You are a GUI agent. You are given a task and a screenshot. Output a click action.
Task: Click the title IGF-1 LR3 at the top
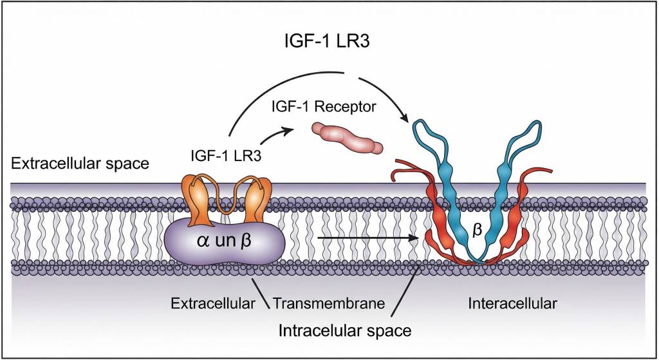click(329, 42)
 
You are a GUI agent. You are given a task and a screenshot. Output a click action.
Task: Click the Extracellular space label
click(80, 163)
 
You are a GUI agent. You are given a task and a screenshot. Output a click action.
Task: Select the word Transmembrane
click(329, 303)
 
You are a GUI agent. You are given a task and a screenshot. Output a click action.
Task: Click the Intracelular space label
click(344, 330)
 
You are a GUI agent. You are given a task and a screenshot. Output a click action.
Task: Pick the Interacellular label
click(513, 303)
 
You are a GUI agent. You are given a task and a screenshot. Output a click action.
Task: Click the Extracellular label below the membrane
click(213, 303)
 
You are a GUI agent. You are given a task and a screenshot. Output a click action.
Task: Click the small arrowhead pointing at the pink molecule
click(289, 129)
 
